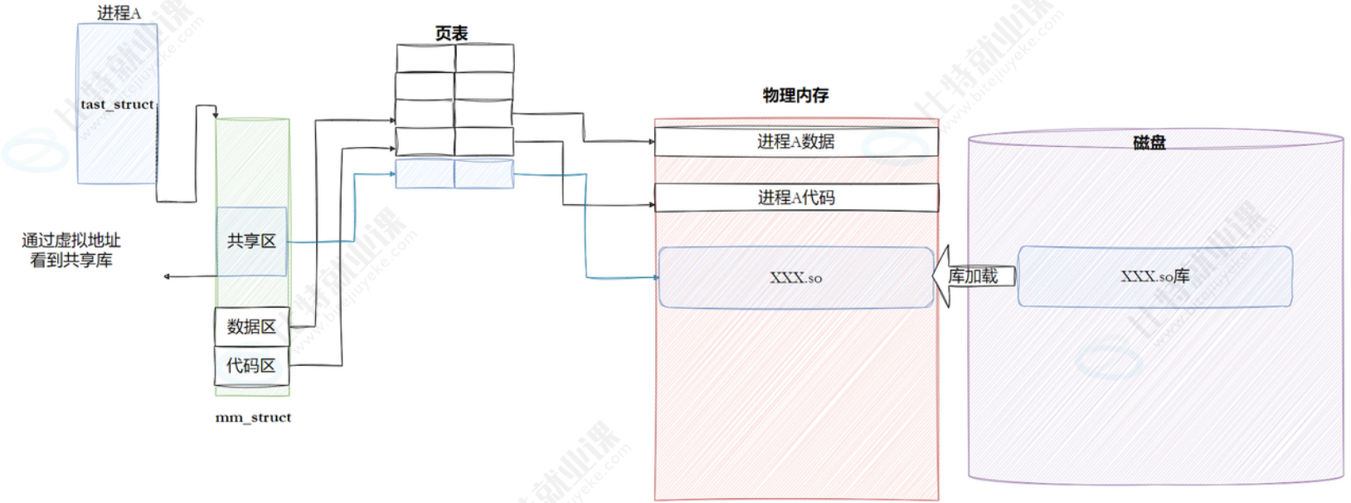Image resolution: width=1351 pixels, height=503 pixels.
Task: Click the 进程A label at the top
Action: pos(119,13)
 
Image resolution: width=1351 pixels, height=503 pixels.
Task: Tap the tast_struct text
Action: pos(117,105)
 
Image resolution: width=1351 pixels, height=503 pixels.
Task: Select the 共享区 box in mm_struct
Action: pos(251,242)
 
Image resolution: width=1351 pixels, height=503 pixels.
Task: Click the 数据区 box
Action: pos(251,327)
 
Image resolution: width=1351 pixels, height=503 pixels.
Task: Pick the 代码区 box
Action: pos(251,366)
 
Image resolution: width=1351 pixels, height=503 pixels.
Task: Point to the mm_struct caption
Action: pos(253,418)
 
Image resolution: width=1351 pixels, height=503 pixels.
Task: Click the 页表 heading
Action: pos(451,33)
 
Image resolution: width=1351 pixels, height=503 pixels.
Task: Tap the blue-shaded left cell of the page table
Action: pos(425,174)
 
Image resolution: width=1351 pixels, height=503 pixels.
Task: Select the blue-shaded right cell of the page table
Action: pos(484,174)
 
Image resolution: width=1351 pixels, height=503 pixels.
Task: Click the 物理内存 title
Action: pos(795,95)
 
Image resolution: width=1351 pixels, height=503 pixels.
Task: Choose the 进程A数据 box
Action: pos(796,142)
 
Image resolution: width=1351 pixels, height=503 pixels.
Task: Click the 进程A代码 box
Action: pos(796,198)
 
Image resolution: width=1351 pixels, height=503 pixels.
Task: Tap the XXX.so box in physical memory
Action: pos(796,278)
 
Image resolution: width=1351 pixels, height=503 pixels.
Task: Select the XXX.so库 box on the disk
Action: pos(1154,276)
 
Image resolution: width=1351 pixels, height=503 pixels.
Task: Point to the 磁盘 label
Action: pos(1149,143)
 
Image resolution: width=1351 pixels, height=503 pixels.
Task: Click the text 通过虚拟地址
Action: pos(71,241)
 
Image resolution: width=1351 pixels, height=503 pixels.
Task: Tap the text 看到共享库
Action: pos(71,261)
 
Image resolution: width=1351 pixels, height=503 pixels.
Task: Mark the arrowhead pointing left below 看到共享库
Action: pos(168,276)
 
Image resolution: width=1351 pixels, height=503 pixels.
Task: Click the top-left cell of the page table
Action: pos(425,58)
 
